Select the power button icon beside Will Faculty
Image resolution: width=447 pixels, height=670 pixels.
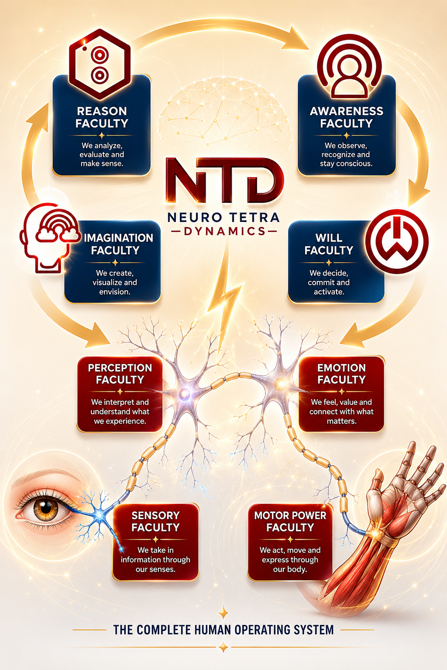tap(397, 241)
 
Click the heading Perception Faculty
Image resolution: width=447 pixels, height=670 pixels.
tap(120, 373)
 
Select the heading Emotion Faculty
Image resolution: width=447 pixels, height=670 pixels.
tap(341, 373)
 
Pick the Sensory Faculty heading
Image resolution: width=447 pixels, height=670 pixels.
tap(155, 521)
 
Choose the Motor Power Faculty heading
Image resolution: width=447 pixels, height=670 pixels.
tap(290, 521)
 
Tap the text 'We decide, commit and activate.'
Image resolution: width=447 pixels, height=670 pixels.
tap(329, 282)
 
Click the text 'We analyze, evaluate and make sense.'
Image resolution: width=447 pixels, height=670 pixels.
tap(102, 155)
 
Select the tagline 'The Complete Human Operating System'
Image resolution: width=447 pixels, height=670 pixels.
tap(223, 629)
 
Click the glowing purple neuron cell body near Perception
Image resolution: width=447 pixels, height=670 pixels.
tap(183, 395)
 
